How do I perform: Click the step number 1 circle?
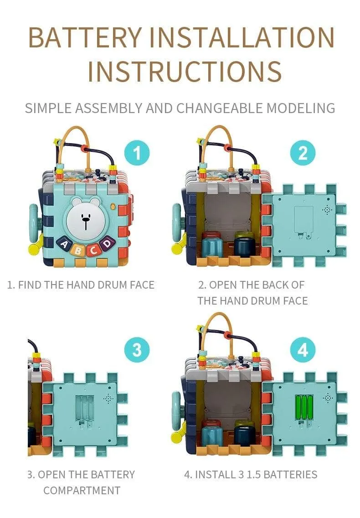click(137, 153)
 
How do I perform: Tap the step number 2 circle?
click(303, 153)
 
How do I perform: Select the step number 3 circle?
click(137, 350)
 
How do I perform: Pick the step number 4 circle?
click(303, 350)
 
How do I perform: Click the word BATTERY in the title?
click(85, 37)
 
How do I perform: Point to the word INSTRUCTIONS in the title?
click(185, 71)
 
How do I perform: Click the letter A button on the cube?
click(65, 245)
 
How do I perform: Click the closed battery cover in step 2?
click(303, 220)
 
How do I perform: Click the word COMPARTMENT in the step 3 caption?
click(82, 491)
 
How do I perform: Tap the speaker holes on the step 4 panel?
click(328, 398)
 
